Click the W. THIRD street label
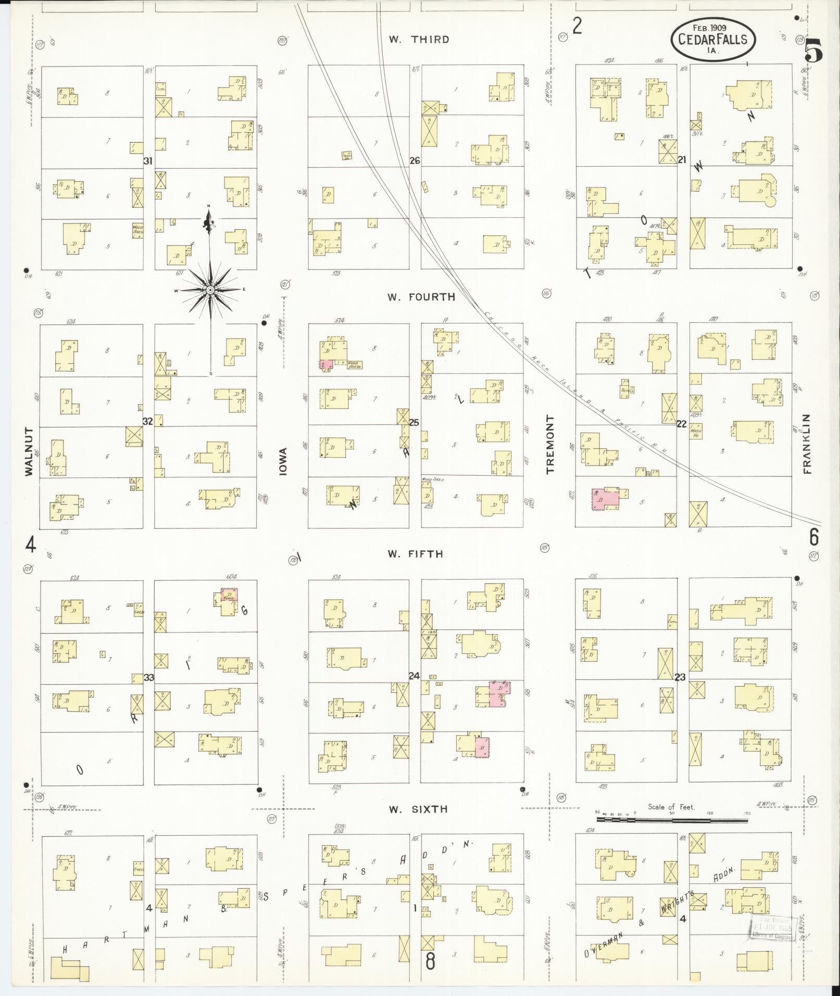(419, 40)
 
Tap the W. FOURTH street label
(421, 297)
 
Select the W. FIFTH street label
(415, 554)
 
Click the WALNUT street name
(29, 451)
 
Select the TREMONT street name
(550, 444)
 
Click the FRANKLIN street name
(807, 444)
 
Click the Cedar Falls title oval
(712, 40)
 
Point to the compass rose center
(210, 289)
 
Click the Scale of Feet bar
(672, 820)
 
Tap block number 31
(148, 161)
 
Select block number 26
(415, 161)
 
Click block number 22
(681, 424)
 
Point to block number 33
(149, 677)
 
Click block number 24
(414, 676)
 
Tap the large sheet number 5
(813, 51)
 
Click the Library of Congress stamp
(773, 927)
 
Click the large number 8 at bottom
(430, 961)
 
